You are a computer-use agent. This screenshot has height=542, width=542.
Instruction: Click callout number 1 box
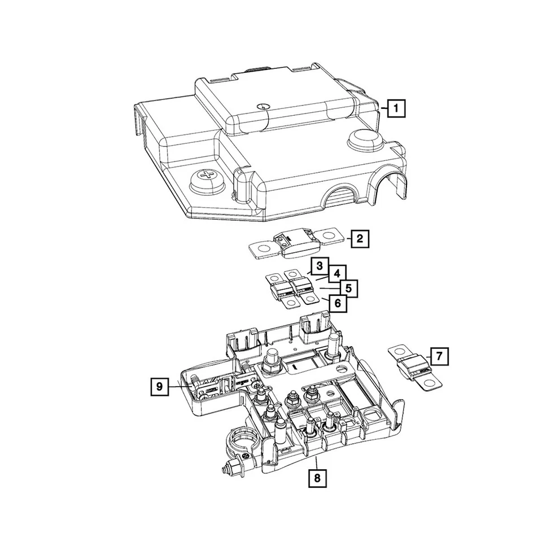point(397,107)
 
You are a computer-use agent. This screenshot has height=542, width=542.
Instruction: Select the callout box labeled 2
point(359,239)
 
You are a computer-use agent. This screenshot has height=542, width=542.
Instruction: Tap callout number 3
point(320,265)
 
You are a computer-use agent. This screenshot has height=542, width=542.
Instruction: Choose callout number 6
point(337,303)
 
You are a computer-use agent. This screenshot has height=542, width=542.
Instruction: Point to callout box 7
point(439,356)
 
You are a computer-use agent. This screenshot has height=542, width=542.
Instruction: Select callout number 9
point(160,386)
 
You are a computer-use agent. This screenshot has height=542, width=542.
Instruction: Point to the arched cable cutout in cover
point(342,198)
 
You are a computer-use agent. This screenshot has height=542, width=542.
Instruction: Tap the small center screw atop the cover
point(261,106)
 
